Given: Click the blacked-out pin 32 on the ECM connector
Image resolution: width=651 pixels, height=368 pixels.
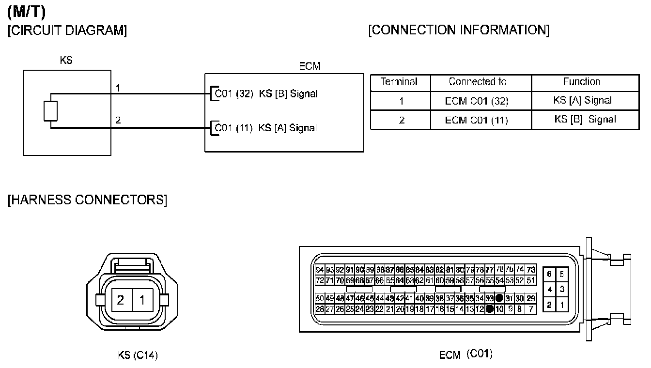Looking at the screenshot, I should pyautogui.click(x=499, y=298).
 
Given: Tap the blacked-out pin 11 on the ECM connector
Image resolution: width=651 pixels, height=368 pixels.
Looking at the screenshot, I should pyautogui.click(x=490, y=308).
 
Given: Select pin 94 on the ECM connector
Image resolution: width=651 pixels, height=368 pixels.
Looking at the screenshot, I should pyautogui.click(x=320, y=270).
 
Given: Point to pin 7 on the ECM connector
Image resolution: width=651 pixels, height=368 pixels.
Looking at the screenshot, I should pyautogui.click(x=531, y=308).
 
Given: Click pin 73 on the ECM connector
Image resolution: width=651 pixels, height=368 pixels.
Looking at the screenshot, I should pyautogui.click(x=531, y=270).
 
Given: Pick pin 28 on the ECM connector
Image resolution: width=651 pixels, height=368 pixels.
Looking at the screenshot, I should pyautogui.click(x=320, y=308).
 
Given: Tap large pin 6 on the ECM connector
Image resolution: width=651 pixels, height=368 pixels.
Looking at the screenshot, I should pyautogui.click(x=549, y=274).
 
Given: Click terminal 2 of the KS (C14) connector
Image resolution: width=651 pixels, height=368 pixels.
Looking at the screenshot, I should pyautogui.click(x=120, y=300).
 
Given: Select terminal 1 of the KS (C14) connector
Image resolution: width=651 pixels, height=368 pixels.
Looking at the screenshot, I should pyautogui.click(x=142, y=300).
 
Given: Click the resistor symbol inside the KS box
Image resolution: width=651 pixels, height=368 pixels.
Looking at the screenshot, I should pyautogui.click(x=51, y=111).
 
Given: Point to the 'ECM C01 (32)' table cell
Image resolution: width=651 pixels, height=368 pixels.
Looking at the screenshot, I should pyautogui.click(x=477, y=101).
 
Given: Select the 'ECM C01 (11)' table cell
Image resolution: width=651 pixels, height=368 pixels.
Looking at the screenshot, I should pyautogui.click(x=477, y=120).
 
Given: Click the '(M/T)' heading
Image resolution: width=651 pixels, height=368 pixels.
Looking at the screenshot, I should pyautogui.click(x=27, y=12).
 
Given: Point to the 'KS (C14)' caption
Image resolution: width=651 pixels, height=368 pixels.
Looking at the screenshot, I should pyautogui.click(x=138, y=355).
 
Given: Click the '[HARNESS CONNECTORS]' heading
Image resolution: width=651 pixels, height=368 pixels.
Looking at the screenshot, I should pyautogui.click(x=87, y=199).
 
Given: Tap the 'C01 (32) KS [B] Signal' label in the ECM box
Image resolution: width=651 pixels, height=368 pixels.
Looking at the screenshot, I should pyautogui.click(x=266, y=94).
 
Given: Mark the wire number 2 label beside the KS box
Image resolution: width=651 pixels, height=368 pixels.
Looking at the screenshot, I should pyautogui.click(x=118, y=120).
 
